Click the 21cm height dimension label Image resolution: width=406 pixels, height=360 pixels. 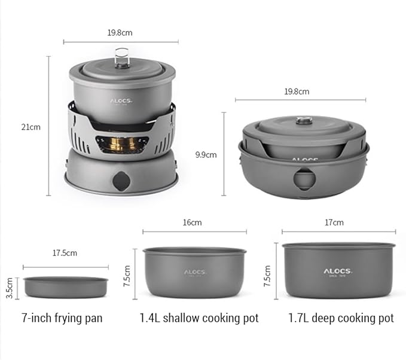pyautogui.click(x=30, y=127)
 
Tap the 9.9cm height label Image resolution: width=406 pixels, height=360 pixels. pyautogui.click(x=206, y=154)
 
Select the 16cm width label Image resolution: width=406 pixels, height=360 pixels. pyautogui.click(x=192, y=222)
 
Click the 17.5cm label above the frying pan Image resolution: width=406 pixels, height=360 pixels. pyautogui.click(x=65, y=253)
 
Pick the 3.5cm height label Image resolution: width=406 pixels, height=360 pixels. pyautogui.click(x=10, y=288)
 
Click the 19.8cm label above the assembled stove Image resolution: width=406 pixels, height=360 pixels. pyautogui.click(x=120, y=33)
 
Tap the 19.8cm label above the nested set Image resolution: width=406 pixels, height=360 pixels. pyautogui.click(x=297, y=91)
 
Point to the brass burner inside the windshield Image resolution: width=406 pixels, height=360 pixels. pyautogui.click(x=123, y=144)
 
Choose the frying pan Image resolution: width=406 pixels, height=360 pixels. pyautogui.click(x=66, y=287)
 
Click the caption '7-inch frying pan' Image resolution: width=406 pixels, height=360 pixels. pyautogui.click(x=62, y=318)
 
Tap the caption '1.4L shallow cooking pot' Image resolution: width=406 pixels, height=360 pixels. pyautogui.click(x=199, y=318)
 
